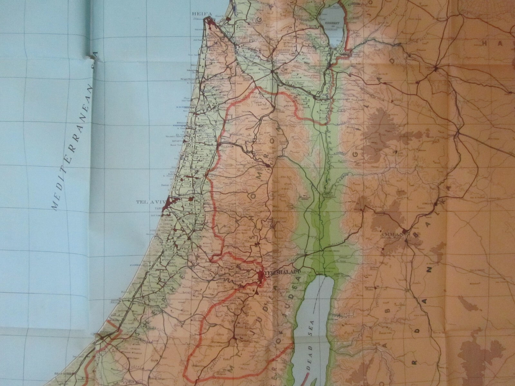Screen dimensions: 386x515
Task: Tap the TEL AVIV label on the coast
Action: point(149,203)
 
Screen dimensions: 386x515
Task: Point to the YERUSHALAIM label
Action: point(282,272)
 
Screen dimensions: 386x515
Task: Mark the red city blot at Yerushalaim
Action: point(261,275)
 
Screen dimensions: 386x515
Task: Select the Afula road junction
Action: point(273,71)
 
